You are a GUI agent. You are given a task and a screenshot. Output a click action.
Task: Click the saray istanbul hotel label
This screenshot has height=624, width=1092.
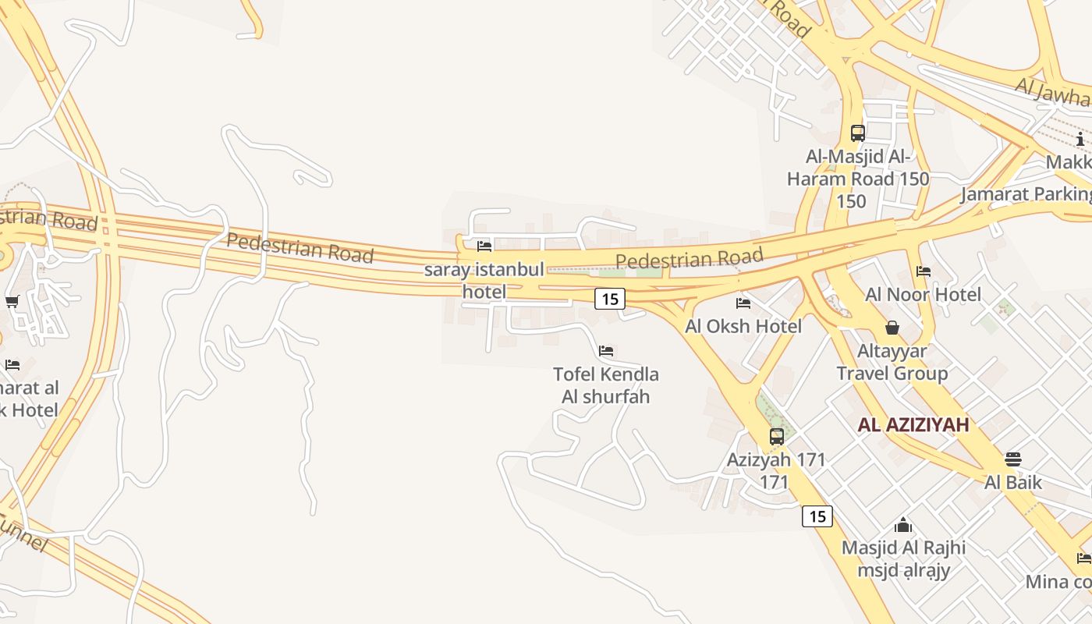[484, 281]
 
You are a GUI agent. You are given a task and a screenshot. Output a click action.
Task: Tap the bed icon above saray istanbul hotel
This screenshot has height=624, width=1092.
[484, 246]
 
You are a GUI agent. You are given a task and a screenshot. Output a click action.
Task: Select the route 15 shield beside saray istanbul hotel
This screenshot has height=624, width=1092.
[610, 298]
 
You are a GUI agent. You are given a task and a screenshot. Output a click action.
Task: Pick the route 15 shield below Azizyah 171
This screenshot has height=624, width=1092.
[817, 516]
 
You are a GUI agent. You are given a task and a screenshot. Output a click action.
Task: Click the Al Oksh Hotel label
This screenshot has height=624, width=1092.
[743, 326]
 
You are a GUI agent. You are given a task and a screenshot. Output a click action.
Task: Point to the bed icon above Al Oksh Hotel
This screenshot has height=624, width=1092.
[743, 303]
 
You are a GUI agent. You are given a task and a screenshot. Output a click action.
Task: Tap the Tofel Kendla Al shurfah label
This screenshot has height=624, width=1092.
[606, 385]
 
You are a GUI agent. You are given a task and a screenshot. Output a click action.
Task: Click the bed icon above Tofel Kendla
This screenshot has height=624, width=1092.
[606, 351]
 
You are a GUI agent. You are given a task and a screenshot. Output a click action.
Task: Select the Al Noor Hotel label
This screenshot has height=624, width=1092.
[924, 294]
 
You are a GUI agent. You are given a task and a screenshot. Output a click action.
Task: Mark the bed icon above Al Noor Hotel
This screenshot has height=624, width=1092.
[924, 271]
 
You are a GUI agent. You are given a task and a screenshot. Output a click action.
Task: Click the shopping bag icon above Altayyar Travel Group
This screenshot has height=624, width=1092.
[892, 328]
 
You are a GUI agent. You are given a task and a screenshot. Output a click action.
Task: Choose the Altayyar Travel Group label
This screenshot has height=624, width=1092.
[892, 362]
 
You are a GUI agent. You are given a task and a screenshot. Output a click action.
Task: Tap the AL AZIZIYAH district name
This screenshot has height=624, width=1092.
[913, 425]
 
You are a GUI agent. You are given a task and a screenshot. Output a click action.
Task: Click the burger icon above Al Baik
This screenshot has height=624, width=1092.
[1012, 459]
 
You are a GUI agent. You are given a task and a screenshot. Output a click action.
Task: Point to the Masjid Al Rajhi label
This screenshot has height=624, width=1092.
[903, 558]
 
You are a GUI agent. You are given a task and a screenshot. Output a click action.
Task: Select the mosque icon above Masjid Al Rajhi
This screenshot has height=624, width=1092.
[903, 525]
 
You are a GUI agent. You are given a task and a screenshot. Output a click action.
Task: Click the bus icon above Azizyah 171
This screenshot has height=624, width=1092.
[777, 437]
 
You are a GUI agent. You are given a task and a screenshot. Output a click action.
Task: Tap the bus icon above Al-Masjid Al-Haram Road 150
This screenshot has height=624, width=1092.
[858, 133]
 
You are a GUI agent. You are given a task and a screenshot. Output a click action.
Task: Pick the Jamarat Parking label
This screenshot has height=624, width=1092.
[1026, 193]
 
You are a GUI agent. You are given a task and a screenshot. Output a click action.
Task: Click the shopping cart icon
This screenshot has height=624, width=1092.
[12, 302]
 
